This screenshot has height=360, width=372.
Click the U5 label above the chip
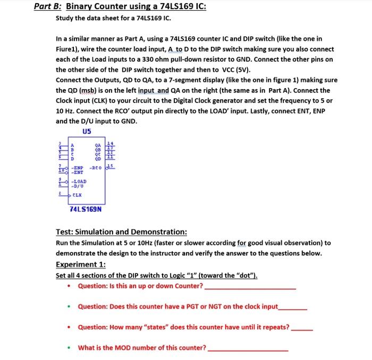point(87,132)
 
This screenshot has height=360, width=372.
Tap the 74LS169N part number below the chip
point(86,209)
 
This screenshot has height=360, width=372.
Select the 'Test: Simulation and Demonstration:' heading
point(121,232)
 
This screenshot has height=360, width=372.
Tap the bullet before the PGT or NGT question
point(70,307)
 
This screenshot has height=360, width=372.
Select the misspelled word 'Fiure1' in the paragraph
point(67,49)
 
